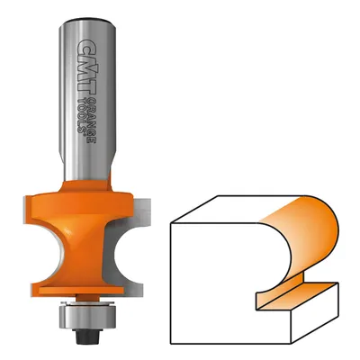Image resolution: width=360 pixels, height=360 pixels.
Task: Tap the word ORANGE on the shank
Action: (x=92, y=120)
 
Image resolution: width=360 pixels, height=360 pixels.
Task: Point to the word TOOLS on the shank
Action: (x=82, y=116)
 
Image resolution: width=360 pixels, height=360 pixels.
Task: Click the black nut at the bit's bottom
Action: (x=87, y=329)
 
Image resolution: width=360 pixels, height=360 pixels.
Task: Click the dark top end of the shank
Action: (x=87, y=21)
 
